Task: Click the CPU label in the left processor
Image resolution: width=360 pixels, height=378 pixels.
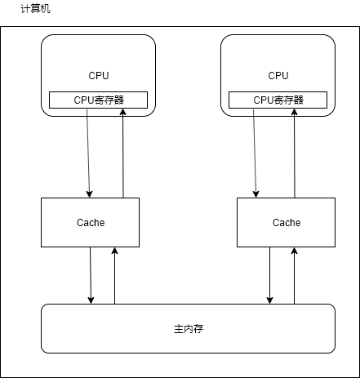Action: click(98, 75)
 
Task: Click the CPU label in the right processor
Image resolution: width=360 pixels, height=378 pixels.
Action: click(278, 75)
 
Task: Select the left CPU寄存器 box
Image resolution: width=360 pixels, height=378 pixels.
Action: click(98, 100)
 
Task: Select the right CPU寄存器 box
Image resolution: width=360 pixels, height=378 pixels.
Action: click(278, 100)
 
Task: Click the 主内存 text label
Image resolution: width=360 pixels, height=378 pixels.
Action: click(188, 328)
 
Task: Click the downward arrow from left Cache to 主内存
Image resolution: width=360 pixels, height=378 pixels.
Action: click(91, 275)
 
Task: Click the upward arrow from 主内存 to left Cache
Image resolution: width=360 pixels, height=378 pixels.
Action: click(115, 275)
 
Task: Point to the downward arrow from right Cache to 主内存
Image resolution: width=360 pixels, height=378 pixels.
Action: click(269, 275)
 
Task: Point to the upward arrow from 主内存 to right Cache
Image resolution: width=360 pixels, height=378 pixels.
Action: click(294, 275)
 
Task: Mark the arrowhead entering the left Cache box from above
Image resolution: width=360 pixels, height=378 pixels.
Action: click(90, 193)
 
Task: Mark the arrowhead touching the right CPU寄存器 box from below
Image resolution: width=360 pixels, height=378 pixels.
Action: click(303, 113)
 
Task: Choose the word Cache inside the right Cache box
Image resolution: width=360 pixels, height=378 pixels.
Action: click(286, 222)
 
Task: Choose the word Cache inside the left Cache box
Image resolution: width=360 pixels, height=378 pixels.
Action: click(90, 222)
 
